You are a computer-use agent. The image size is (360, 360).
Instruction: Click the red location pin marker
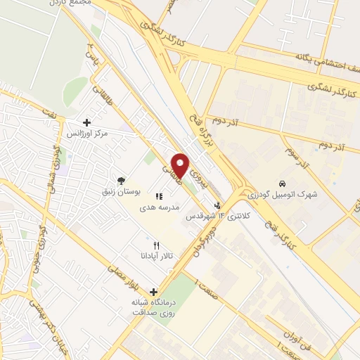tap(181, 165)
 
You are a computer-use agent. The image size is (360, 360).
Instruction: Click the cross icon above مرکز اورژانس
tap(87, 122)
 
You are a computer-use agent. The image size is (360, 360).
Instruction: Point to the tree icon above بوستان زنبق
tap(122, 180)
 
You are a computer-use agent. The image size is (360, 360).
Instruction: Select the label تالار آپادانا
tap(157, 257)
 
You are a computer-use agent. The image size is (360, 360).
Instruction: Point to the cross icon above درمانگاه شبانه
tap(153, 291)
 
